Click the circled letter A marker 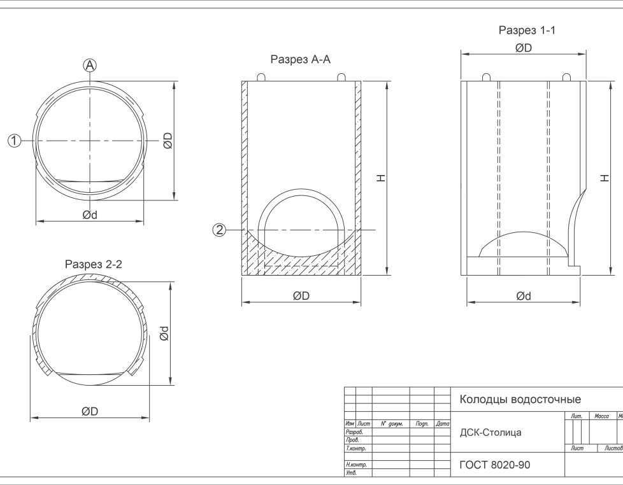coord(90,65)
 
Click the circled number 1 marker coord(15,141)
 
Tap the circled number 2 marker coord(219,230)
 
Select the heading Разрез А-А coord(301,60)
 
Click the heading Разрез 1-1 coord(527,30)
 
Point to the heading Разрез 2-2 coord(94,264)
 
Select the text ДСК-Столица coord(491,433)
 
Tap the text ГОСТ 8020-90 coord(495,465)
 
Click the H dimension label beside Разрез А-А coord(381,178)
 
